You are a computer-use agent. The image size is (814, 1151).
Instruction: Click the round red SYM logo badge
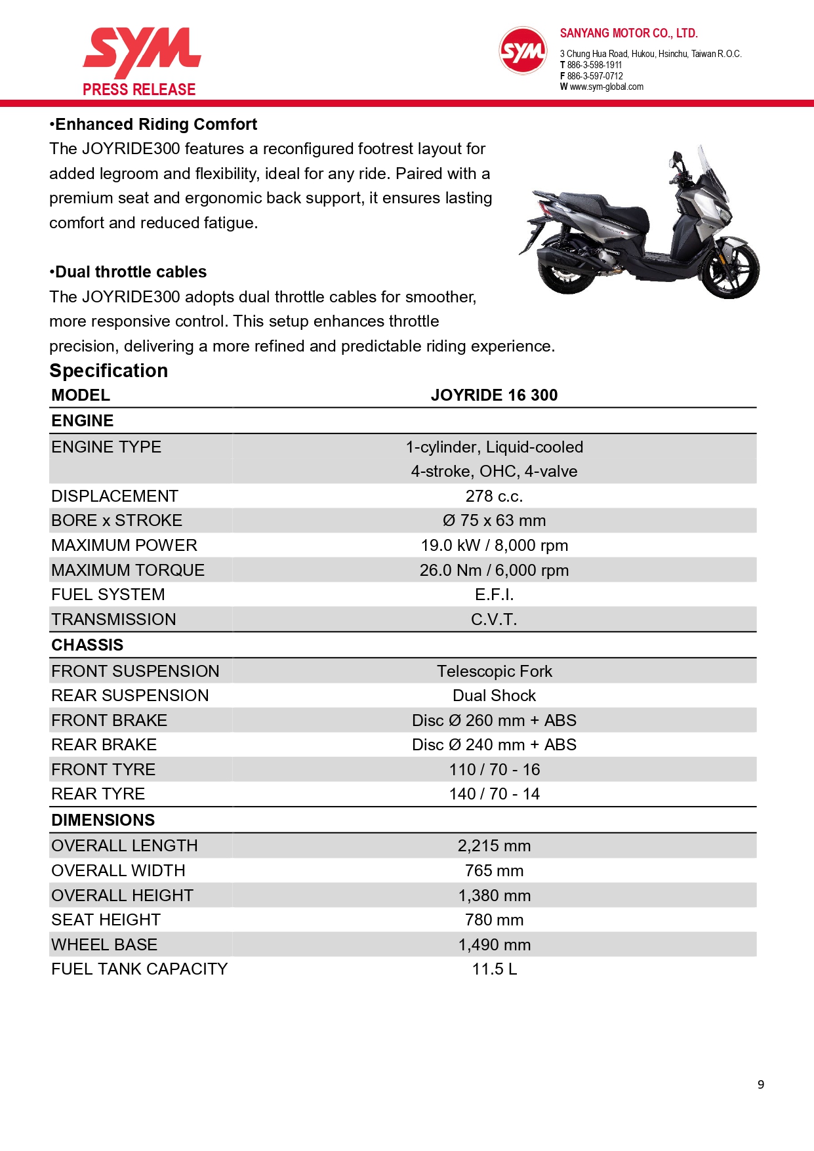tap(522, 50)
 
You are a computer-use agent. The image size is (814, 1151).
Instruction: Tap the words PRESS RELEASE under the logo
tap(139, 90)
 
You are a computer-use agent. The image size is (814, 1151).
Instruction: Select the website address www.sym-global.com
tap(606, 87)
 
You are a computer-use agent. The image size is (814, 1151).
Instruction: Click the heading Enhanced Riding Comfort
tap(155, 125)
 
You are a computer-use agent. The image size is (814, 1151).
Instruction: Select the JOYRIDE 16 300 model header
tap(494, 395)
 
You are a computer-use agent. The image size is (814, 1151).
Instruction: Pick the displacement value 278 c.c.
tap(494, 496)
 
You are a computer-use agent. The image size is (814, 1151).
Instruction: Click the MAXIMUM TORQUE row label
tap(128, 571)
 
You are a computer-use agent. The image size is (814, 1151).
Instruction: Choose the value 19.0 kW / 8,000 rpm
tap(494, 546)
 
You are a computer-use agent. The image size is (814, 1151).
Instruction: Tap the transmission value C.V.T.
tap(494, 620)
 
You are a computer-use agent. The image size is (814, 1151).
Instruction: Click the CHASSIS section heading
tap(87, 645)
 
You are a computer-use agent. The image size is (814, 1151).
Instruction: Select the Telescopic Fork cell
tap(494, 672)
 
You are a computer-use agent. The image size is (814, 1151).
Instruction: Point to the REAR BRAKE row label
tap(104, 745)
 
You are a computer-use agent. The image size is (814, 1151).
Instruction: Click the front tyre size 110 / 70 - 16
tap(494, 770)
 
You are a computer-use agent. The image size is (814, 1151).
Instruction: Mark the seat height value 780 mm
tap(494, 920)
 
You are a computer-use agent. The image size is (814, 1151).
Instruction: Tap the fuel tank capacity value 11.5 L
tap(494, 969)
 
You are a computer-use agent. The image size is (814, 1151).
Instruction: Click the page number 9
tap(761, 1085)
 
